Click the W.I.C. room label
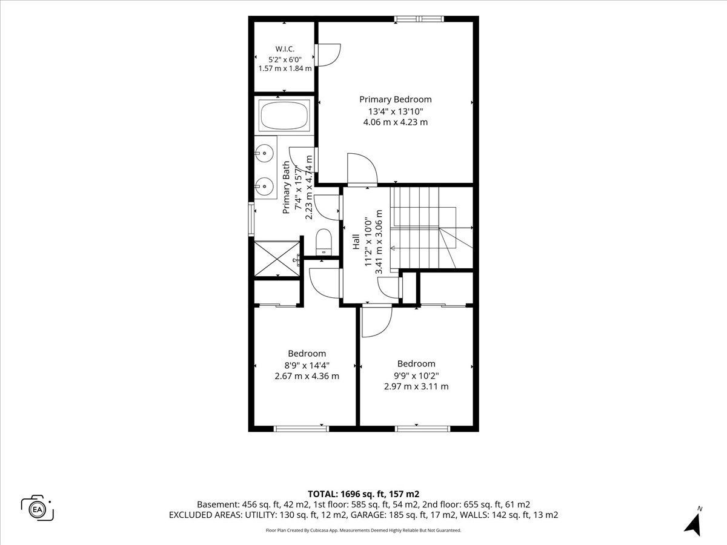tap(285, 49)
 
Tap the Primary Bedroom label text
tap(396, 99)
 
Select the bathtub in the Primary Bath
tap(284, 116)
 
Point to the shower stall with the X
tap(277, 259)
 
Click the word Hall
tap(356, 242)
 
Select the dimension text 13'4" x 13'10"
tap(396, 111)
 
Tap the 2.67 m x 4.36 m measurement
tap(307, 376)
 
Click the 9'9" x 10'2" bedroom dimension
tap(416, 375)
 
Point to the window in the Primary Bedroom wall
tap(419, 19)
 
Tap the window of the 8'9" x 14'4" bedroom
tap(301, 429)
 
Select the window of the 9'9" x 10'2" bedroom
tap(423, 429)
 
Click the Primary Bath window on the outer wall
tap(251, 219)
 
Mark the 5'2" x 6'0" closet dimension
tap(285, 59)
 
